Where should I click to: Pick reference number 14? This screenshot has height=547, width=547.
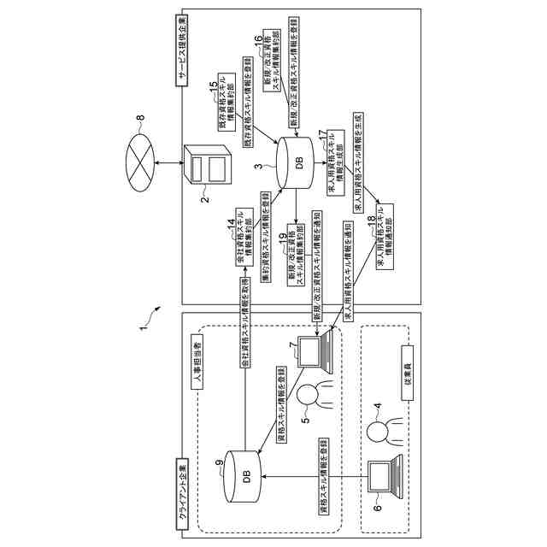pyautogui.click(x=230, y=225)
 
